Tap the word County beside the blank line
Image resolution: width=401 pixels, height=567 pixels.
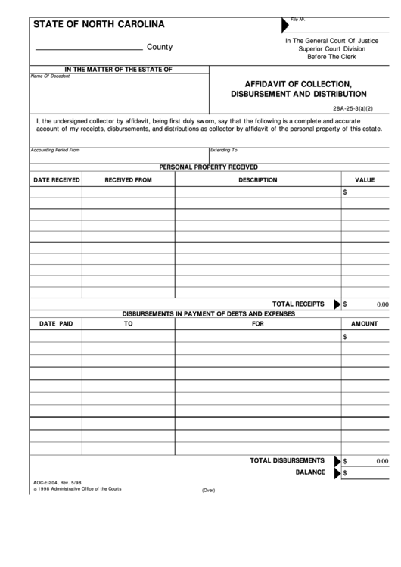pyautogui.click(x=160, y=47)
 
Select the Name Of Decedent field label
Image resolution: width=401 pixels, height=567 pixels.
pyautogui.click(x=49, y=76)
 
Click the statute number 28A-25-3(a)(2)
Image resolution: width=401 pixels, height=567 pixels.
pyautogui.click(x=353, y=107)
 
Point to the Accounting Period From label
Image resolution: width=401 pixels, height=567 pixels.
pyautogui.click(x=54, y=150)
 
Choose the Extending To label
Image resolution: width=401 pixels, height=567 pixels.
pyautogui.click(x=224, y=150)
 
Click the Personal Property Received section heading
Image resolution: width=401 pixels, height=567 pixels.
pyautogui.click(x=208, y=167)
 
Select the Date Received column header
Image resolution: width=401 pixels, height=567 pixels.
pyautogui.click(x=56, y=180)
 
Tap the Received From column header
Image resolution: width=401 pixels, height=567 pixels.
pyautogui.click(x=128, y=180)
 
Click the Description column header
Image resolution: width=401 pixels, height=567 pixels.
pyautogui.click(x=258, y=180)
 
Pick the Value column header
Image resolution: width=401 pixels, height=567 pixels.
pyautogui.click(x=365, y=180)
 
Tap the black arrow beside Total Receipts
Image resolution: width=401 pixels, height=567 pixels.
pyautogui.click(x=337, y=304)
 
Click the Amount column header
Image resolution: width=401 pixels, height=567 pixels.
pyautogui.click(x=365, y=324)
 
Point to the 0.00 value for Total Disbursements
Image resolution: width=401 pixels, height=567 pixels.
pyautogui.click(x=381, y=460)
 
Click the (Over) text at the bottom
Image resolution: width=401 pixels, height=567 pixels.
pyautogui.click(x=208, y=490)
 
